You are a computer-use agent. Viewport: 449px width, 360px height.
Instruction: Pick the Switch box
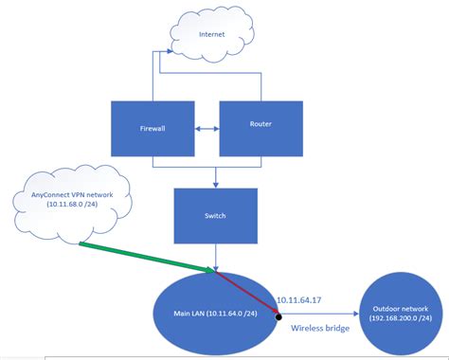click(215, 215)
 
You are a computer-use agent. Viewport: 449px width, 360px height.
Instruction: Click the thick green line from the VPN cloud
click(142, 257)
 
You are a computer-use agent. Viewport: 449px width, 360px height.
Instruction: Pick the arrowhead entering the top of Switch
click(216, 183)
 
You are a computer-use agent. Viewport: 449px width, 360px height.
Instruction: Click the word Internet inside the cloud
click(212, 35)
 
